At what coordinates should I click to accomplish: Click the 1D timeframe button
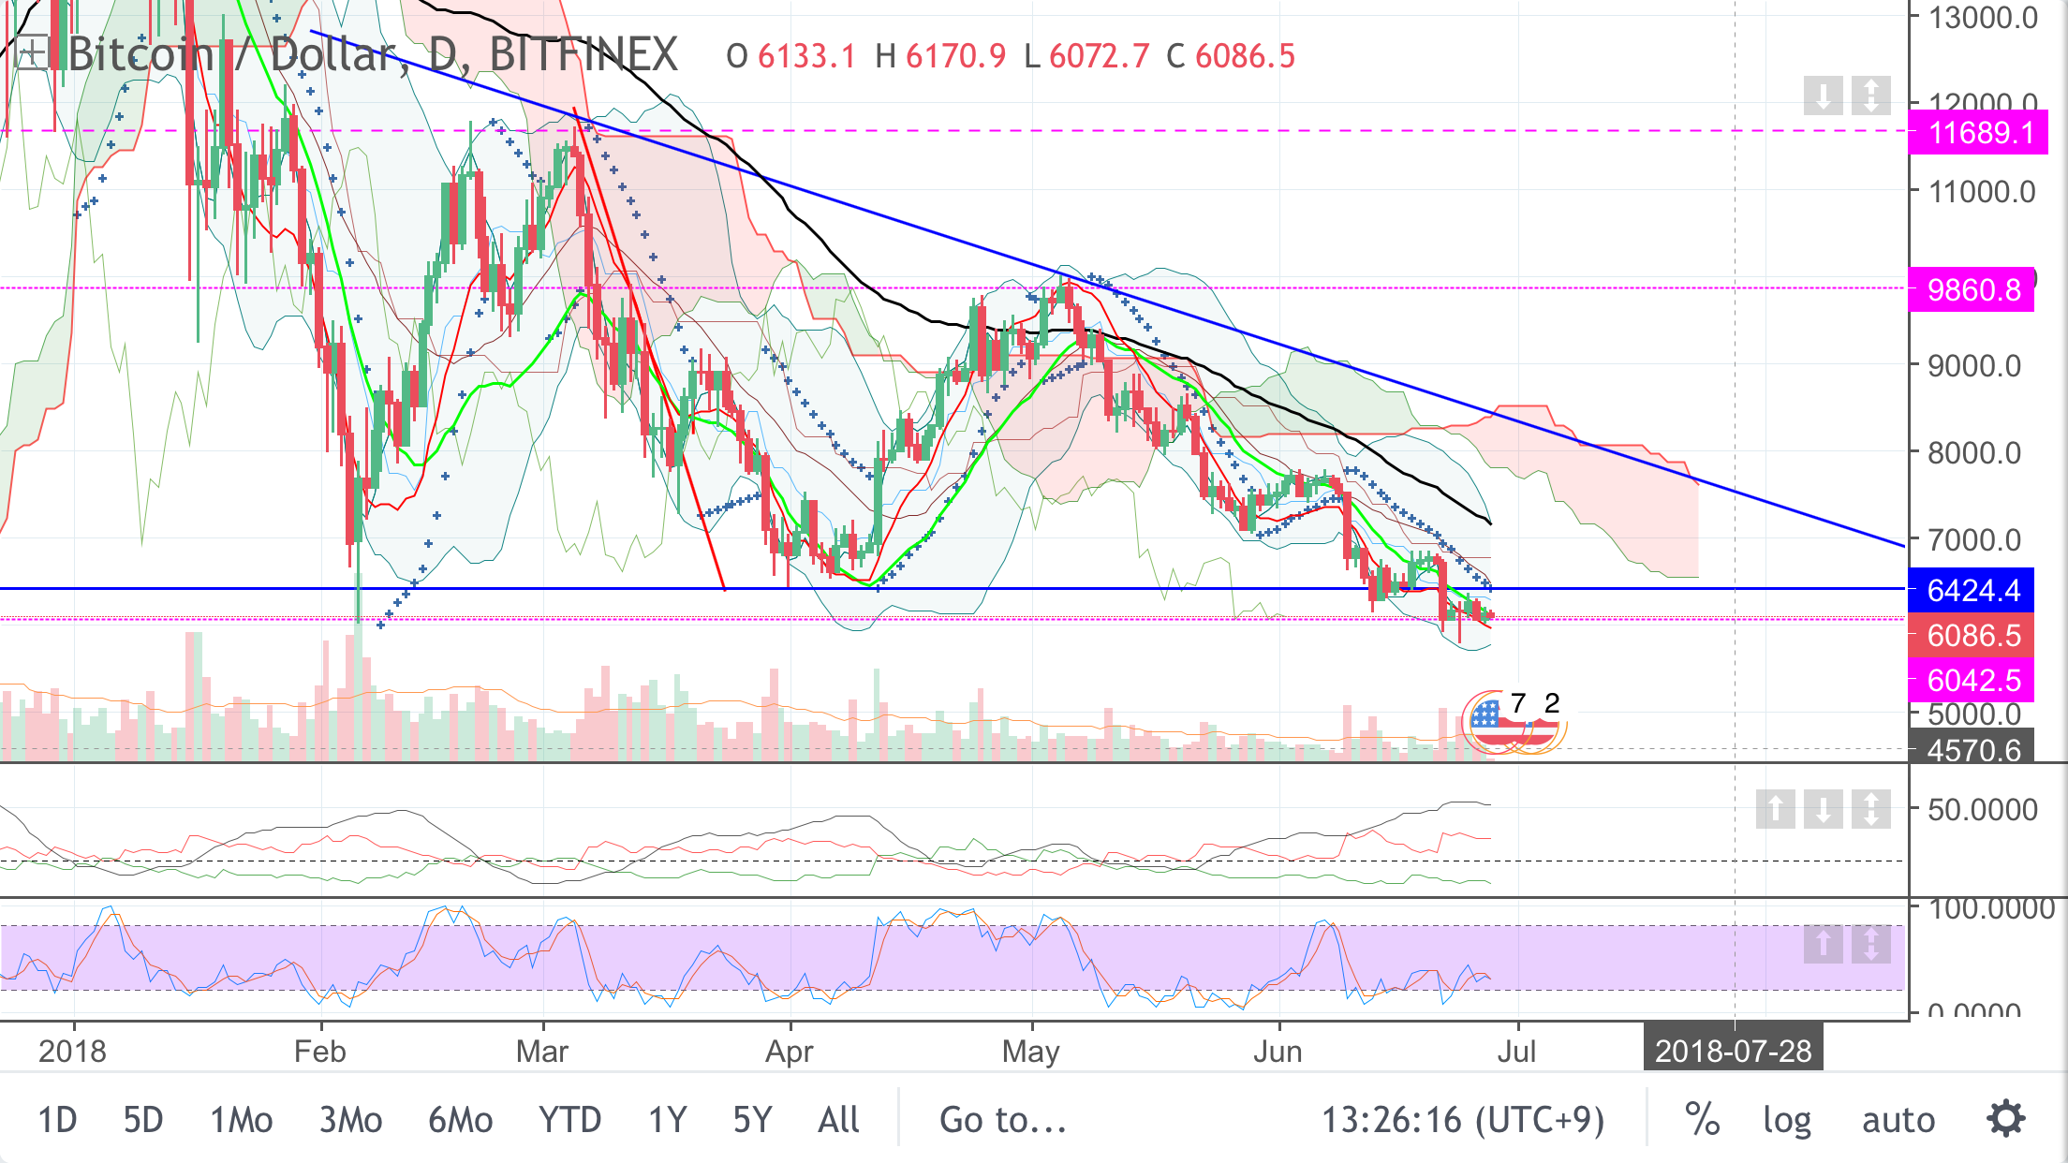tap(57, 1120)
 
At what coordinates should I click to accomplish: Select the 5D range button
tap(143, 1120)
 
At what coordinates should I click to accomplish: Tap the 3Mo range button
tap(350, 1120)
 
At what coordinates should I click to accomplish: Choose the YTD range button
tap(569, 1120)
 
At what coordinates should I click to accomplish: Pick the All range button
tap(838, 1120)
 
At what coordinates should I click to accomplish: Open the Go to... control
tap(1003, 1120)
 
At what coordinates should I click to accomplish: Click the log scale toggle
tap(1786, 1120)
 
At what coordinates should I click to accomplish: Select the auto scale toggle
tap(1898, 1120)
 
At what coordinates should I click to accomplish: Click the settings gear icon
tap(2006, 1119)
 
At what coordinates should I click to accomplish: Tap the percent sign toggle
tap(1702, 1120)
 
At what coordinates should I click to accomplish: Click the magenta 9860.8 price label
tap(1972, 289)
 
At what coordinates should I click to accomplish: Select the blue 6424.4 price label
tap(1972, 591)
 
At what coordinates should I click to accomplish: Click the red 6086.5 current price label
tap(1972, 636)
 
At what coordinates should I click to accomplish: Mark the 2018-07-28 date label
tap(1733, 1052)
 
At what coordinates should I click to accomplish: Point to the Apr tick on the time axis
tap(790, 1052)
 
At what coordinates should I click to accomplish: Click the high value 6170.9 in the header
tap(955, 56)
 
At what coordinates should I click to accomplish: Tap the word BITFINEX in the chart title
tap(583, 54)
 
